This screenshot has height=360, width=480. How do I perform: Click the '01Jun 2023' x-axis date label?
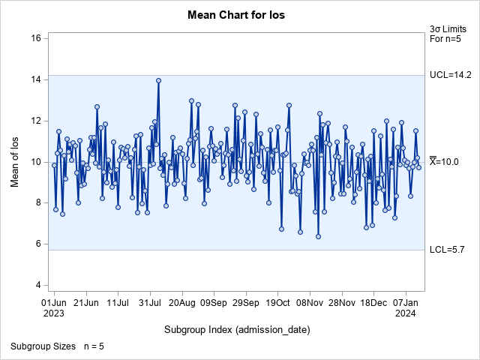tap(54, 308)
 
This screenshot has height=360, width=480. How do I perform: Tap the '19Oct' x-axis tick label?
tap(277, 303)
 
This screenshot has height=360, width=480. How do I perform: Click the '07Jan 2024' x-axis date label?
tap(405, 308)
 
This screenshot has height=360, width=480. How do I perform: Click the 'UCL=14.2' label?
tap(450, 75)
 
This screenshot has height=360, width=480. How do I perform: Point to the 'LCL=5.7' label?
tap(448, 250)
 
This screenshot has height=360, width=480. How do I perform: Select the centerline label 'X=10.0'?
tap(448, 161)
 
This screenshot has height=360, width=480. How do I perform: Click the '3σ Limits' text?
tap(445, 28)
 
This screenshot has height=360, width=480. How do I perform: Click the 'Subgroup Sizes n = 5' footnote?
tap(56, 346)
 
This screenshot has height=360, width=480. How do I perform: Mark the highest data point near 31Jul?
tap(158, 80)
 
